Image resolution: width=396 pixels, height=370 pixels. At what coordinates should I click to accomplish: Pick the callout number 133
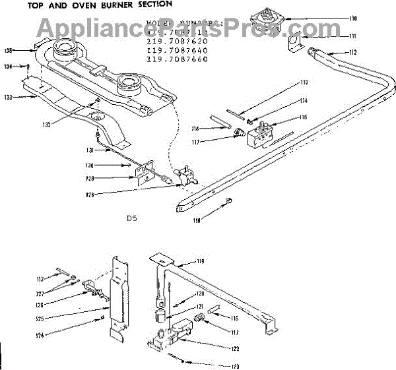pos(9,98)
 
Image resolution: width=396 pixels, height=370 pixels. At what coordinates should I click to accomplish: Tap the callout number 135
pos(9,50)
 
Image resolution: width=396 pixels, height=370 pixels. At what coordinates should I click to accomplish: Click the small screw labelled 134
pos(28,66)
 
